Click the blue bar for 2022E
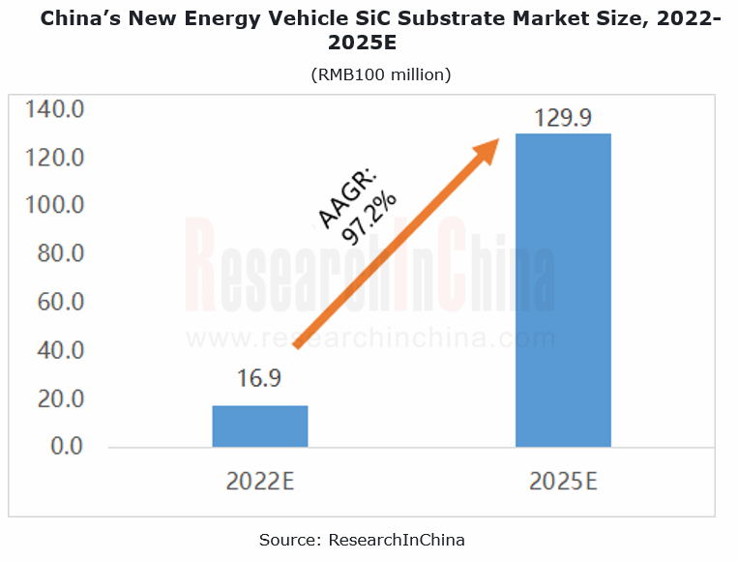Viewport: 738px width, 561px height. coord(259,427)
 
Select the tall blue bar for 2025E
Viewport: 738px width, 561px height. coord(562,289)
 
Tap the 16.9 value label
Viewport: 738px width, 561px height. coord(258,378)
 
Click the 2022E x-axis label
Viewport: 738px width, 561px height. coord(259,481)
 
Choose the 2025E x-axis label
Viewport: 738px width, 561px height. coord(563,481)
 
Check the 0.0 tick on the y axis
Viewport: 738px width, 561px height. coord(67,447)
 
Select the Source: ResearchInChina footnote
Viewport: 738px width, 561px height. coord(369,540)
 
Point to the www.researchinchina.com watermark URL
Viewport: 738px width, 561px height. coord(370,339)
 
